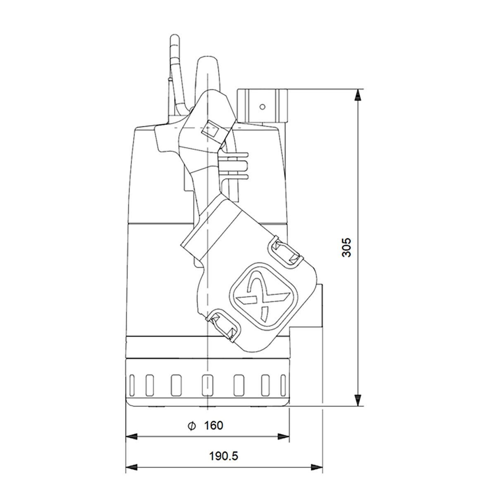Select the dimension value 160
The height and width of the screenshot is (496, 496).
click(x=213, y=425)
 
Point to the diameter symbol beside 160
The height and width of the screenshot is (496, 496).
click(x=191, y=425)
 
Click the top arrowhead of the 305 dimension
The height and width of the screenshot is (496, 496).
click(x=358, y=95)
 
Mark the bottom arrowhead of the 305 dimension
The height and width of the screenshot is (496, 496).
click(x=358, y=400)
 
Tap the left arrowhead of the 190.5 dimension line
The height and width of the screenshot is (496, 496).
click(x=131, y=467)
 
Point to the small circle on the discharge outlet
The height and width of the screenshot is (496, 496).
click(x=261, y=107)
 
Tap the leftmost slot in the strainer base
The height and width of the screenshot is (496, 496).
click(x=132, y=386)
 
